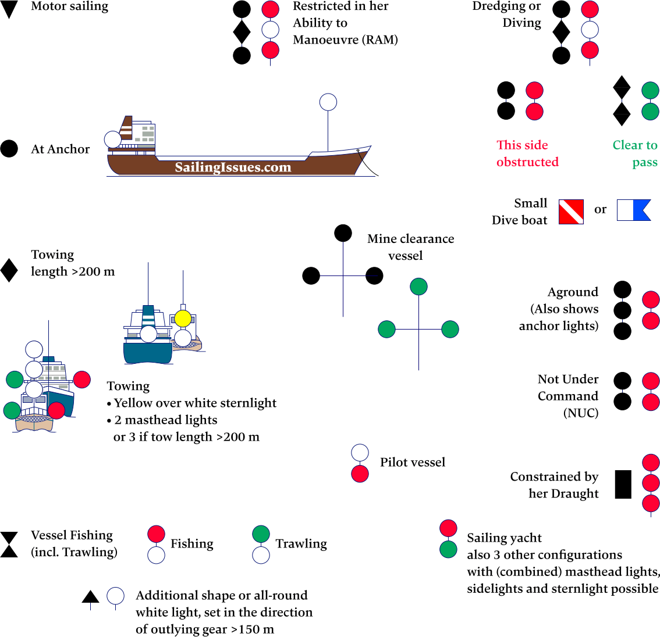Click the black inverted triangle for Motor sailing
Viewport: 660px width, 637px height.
(x=9, y=9)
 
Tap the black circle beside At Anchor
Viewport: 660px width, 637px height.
(x=9, y=149)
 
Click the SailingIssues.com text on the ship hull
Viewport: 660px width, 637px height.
(x=233, y=167)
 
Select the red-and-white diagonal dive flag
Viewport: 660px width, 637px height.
(x=571, y=212)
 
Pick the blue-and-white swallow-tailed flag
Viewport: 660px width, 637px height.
(x=634, y=210)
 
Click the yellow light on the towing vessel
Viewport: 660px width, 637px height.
(x=183, y=318)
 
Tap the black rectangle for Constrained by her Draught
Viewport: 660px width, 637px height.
(x=623, y=484)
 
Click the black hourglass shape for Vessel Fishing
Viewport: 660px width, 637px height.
(x=9, y=545)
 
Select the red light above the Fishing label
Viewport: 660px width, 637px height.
(x=156, y=534)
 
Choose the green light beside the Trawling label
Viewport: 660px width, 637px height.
(x=261, y=534)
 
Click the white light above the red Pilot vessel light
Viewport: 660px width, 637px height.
(x=360, y=453)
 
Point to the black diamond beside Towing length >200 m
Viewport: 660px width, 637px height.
(x=9, y=270)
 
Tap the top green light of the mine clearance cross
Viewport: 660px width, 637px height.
(x=418, y=287)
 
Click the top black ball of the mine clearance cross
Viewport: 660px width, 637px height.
(x=343, y=233)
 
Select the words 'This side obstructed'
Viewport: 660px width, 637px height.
(x=527, y=153)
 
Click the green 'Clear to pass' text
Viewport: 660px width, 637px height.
(x=635, y=153)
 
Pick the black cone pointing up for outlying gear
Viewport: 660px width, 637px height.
(x=90, y=596)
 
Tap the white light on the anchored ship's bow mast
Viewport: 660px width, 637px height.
(x=328, y=102)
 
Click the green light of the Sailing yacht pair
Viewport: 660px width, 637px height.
(x=448, y=549)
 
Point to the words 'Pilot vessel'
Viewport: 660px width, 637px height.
(x=412, y=462)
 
